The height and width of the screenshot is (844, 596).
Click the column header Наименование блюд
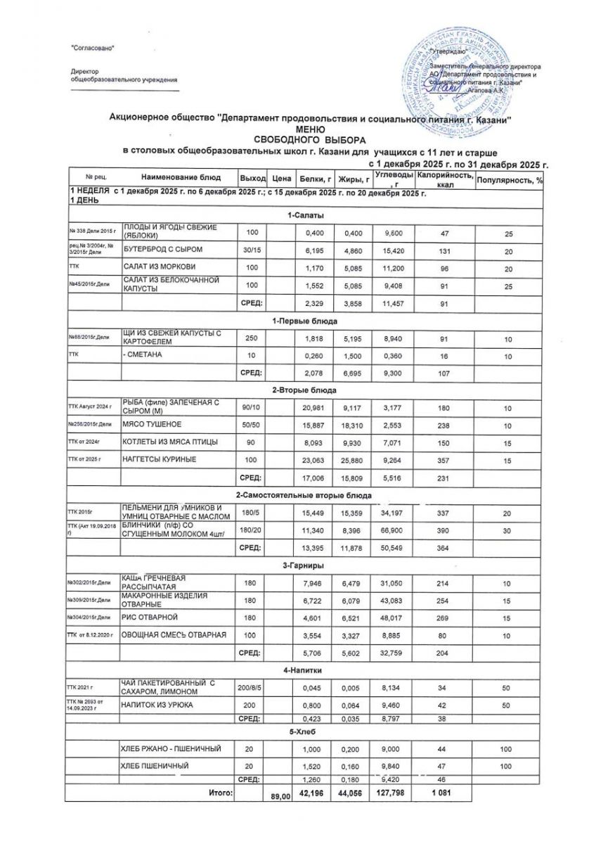(x=181, y=177)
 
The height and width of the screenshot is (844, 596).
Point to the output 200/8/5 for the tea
(x=251, y=685)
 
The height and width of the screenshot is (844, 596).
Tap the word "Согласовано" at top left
(x=93, y=47)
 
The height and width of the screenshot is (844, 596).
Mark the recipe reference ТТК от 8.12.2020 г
(x=90, y=635)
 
